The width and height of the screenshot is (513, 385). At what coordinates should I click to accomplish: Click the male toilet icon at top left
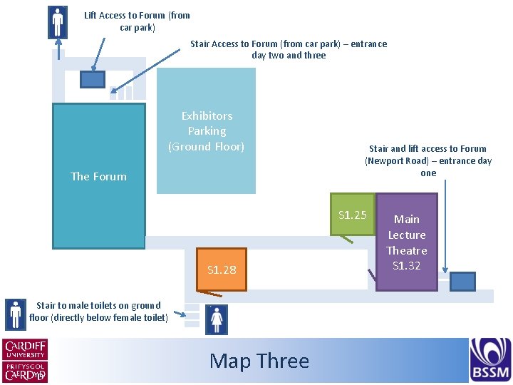(57, 22)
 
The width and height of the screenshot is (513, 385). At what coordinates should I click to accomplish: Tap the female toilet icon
(215, 319)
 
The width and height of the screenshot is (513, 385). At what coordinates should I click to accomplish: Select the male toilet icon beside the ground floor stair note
(15, 314)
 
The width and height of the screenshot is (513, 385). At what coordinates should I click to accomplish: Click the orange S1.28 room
(221, 269)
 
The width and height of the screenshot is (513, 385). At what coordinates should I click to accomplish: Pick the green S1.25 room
(352, 214)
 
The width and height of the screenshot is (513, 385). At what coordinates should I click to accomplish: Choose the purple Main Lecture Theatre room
(407, 242)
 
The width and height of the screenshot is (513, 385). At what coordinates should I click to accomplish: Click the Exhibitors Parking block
(206, 131)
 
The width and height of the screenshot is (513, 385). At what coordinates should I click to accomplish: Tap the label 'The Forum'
(98, 176)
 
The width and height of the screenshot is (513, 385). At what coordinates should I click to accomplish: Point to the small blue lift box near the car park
(93, 79)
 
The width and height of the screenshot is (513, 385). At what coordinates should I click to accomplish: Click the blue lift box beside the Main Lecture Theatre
(462, 281)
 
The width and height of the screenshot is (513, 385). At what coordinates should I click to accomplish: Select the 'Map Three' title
(259, 361)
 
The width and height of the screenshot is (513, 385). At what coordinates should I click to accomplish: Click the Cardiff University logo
(26, 349)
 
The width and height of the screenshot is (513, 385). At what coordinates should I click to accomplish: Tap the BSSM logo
(489, 359)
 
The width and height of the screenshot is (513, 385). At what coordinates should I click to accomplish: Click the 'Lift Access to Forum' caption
(137, 21)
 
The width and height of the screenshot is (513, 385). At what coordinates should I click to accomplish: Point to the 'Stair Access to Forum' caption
(289, 49)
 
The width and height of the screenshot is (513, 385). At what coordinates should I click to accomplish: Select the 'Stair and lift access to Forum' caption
(427, 160)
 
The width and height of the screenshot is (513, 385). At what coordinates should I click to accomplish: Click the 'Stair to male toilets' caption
(98, 312)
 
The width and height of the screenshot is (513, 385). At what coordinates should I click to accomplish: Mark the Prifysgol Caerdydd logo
(26, 371)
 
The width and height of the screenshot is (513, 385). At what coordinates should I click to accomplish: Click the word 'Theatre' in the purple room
(407, 250)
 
